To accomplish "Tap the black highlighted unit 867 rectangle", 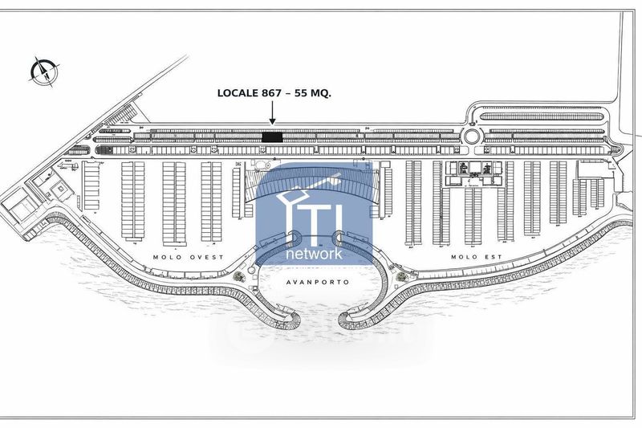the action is click(273, 137).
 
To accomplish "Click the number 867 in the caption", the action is click(268, 93).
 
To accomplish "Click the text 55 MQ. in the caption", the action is click(312, 93).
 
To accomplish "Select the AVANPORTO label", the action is click(312, 283).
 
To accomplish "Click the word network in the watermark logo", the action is click(315, 253).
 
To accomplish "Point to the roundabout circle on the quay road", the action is click(472, 137).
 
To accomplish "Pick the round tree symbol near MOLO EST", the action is click(399, 277).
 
